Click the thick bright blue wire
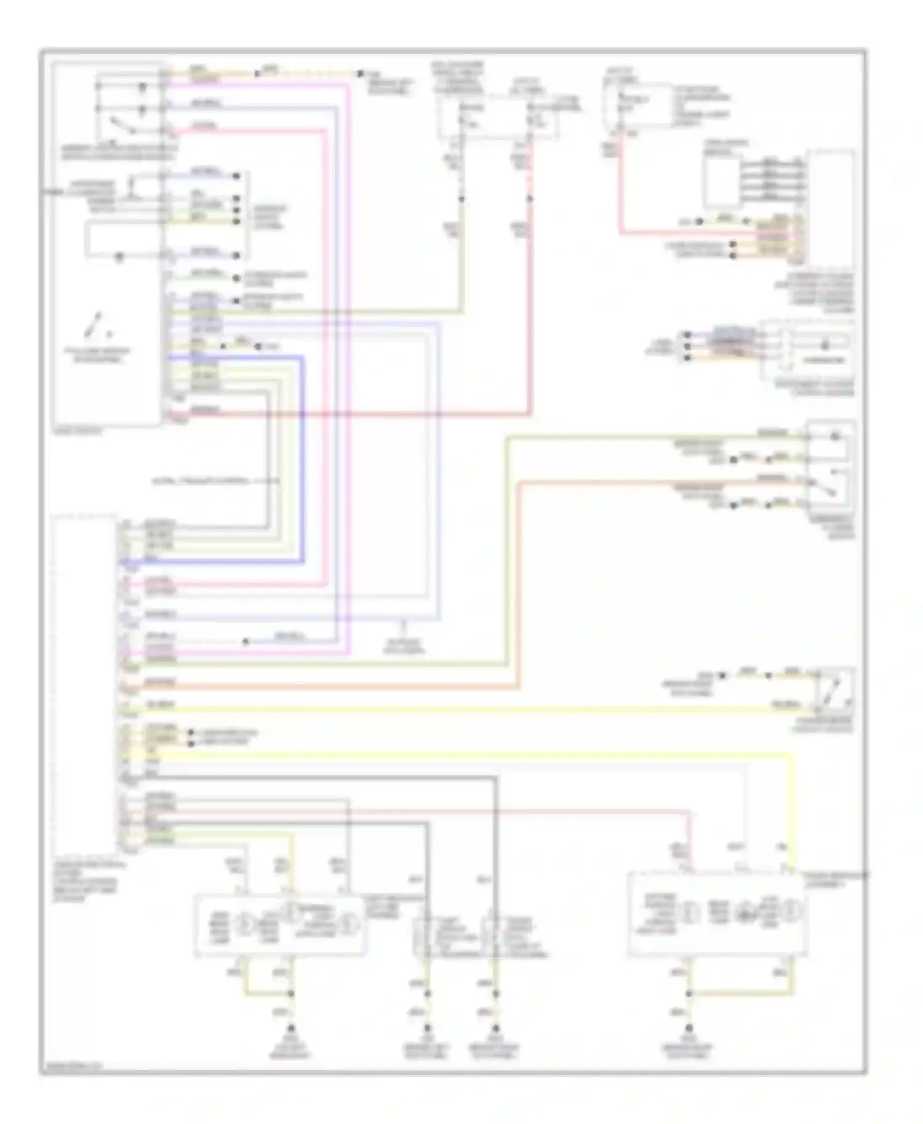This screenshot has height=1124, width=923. pyautogui.click(x=303, y=461)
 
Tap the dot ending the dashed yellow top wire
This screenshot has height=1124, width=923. pyautogui.click(x=360, y=74)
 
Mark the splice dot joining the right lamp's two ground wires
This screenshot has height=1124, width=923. pyautogui.click(x=689, y=994)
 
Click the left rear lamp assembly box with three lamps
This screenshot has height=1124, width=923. pyautogui.click(x=280, y=925)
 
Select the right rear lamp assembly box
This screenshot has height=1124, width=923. pyautogui.click(x=717, y=914)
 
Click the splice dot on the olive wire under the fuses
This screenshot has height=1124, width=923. pyautogui.click(x=461, y=199)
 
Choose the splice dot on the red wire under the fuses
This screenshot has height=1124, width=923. pyautogui.click(x=530, y=199)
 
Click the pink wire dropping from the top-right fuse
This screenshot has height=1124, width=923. pyautogui.click(x=620, y=184)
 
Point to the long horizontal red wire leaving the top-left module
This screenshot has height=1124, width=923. pyautogui.click(x=369, y=414)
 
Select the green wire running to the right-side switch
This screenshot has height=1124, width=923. pyautogui.click(x=506, y=553)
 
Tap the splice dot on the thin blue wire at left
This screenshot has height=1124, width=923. pyautogui.click(x=245, y=641)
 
